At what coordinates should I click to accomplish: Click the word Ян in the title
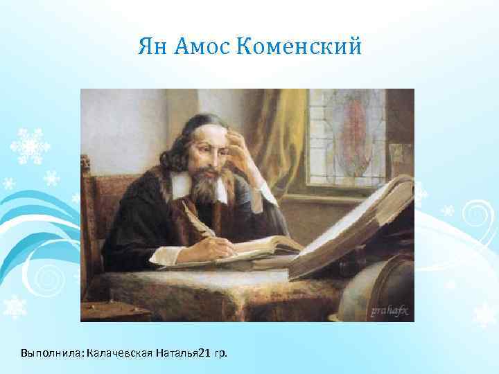[x=150, y=47]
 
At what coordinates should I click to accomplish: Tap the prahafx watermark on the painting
[x=389, y=310]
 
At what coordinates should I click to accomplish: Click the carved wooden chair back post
[x=86, y=208]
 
